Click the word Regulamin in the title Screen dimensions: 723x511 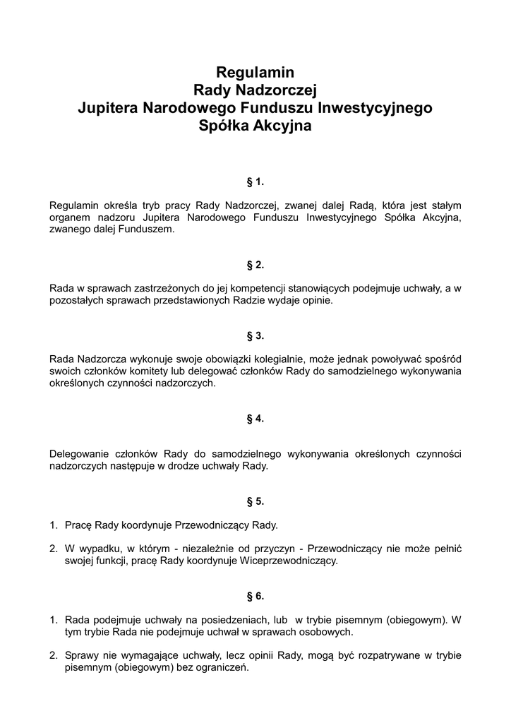[x=255, y=72]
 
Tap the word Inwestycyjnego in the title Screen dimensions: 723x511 [x=376, y=109]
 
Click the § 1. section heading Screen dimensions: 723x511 [x=255, y=182]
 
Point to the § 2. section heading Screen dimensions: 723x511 [x=255, y=265]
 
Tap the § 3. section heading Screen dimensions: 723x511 [x=255, y=335]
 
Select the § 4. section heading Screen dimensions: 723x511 [x=255, y=419]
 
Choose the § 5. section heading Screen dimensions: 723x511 [x=255, y=501]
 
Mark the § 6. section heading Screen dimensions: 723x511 [x=255, y=597]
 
